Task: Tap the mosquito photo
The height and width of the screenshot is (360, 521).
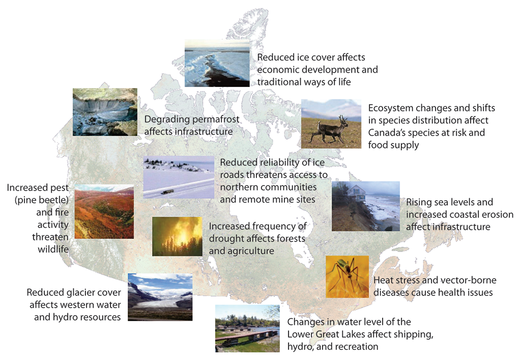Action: coord(347,277)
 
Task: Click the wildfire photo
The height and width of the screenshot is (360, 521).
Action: coord(177,236)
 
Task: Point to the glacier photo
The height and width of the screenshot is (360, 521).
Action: coord(160,297)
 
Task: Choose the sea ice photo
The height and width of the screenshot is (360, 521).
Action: coord(217,63)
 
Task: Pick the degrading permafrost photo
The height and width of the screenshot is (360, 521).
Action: coord(105,112)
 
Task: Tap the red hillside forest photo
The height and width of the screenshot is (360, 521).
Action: coord(104,212)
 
